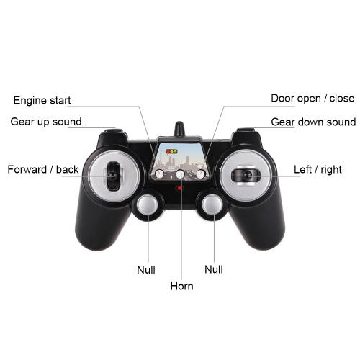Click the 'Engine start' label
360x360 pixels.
point(42,100)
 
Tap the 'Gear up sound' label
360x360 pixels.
point(46,122)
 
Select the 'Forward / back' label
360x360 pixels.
point(43,169)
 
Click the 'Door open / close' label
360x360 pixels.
point(312,98)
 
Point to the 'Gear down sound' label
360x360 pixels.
point(313,122)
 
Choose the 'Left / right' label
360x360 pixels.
point(318,169)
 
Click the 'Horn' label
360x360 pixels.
point(181,286)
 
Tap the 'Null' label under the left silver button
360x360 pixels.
point(146,270)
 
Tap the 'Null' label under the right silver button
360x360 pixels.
point(214,269)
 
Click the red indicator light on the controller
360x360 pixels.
point(179,188)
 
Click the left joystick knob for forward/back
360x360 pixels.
point(112,176)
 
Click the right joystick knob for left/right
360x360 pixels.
point(247,175)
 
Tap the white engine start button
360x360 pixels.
point(160,174)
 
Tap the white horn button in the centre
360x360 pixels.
point(180,174)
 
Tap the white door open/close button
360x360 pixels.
point(200,174)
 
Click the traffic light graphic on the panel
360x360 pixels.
point(172,152)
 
